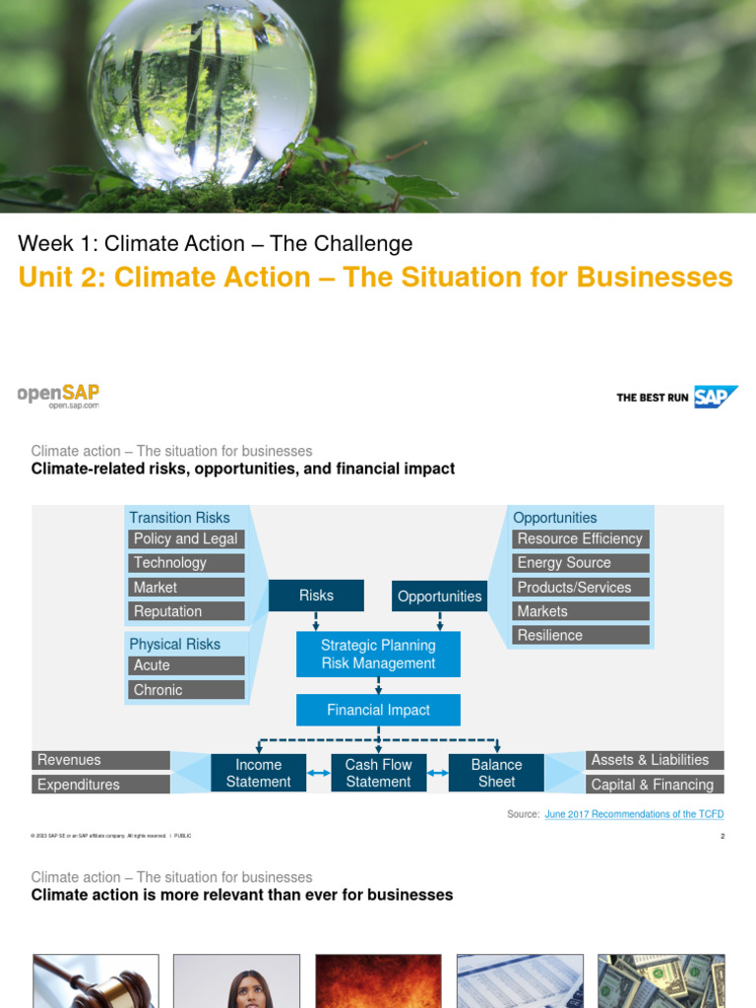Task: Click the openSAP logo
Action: (x=58, y=395)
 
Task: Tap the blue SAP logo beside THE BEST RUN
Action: (x=716, y=397)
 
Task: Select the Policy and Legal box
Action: (x=186, y=538)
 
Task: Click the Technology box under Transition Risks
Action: (x=186, y=563)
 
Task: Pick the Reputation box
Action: (x=186, y=611)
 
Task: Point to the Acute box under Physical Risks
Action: (x=186, y=665)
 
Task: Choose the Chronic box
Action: (x=186, y=690)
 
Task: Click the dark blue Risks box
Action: (x=316, y=596)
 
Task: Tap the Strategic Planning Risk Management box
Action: (x=378, y=655)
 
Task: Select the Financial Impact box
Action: (x=378, y=710)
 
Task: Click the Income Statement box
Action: (x=258, y=773)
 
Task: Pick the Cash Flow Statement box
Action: (x=378, y=773)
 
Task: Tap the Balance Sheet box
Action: (x=496, y=773)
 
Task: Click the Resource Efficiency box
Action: (x=580, y=538)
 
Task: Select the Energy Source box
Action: (x=580, y=563)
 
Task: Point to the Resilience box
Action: (x=580, y=635)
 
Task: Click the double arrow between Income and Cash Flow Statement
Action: (x=319, y=774)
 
